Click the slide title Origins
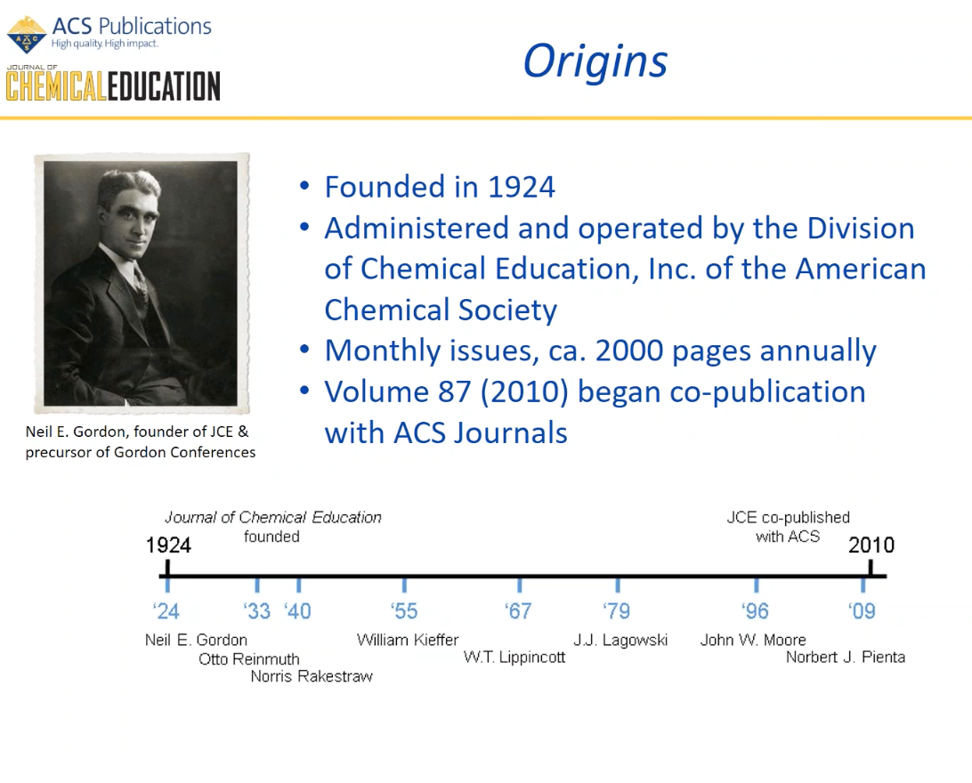pyautogui.click(x=595, y=61)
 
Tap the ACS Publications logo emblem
pyautogui.click(x=27, y=34)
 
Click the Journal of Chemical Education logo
pyautogui.click(x=113, y=85)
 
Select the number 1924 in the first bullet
pyautogui.click(x=521, y=187)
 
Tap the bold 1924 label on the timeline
pyautogui.click(x=168, y=545)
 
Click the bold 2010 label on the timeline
pyautogui.click(x=871, y=545)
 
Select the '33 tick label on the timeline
pyautogui.click(x=257, y=611)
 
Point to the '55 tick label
pyautogui.click(x=404, y=611)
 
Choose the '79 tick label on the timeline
pyautogui.click(x=617, y=611)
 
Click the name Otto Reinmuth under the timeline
pyautogui.click(x=248, y=659)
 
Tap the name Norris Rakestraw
pyautogui.click(x=312, y=676)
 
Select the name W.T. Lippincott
pyautogui.click(x=514, y=658)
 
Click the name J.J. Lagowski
pyautogui.click(x=620, y=640)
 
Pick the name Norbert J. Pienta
pyautogui.click(x=845, y=658)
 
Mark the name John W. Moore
pyautogui.click(x=753, y=640)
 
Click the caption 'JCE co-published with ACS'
pyautogui.click(x=789, y=527)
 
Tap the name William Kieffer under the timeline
pyautogui.click(x=408, y=640)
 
